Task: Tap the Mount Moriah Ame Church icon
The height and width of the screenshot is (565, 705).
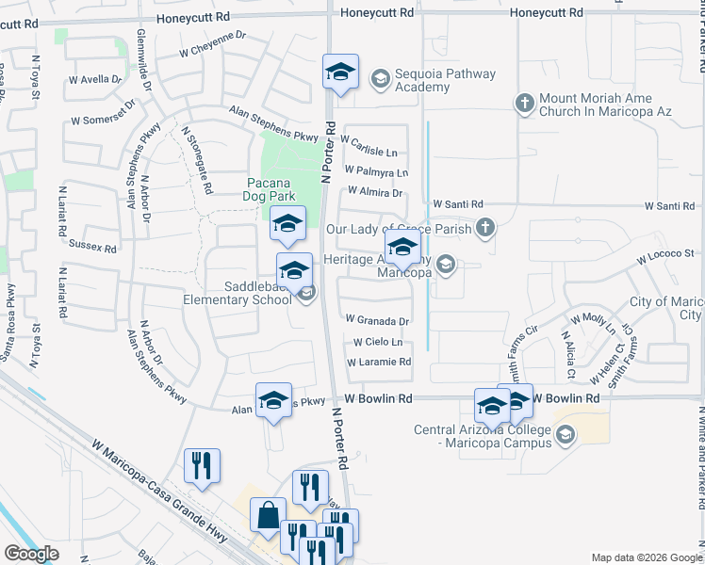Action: point(524,101)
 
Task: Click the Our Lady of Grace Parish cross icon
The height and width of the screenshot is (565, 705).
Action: point(484,227)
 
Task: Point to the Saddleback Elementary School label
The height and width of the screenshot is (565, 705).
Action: point(238,294)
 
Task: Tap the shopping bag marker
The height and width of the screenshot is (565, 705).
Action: point(268,516)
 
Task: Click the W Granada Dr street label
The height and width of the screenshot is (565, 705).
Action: point(377,321)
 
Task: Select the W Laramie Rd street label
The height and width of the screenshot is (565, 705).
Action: point(379,363)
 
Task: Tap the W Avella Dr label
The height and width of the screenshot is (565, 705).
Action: point(95,80)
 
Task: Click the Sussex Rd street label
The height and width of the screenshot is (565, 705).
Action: point(92,247)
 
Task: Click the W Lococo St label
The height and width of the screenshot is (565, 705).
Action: point(664,254)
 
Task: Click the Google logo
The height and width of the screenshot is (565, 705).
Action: point(31,554)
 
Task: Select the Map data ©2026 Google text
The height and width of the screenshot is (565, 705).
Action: point(647,557)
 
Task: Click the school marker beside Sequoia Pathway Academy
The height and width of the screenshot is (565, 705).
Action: point(340,72)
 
